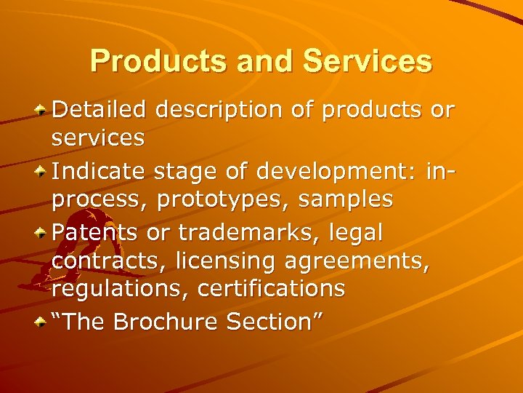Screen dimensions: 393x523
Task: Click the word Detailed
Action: click(x=100, y=110)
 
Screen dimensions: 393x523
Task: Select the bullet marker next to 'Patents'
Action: click(x=43, y=232)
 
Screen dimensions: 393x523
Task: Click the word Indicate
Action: click(x=100, y=171)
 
